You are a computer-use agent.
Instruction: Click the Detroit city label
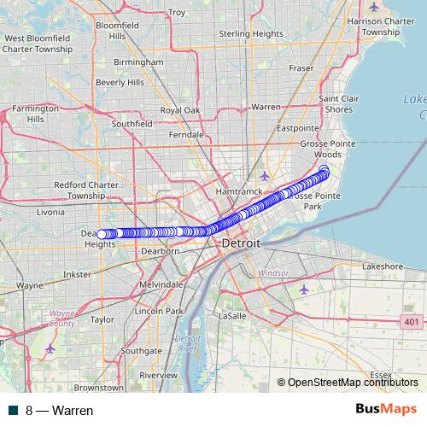[240, 244]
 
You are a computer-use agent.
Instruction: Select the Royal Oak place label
[180, 111]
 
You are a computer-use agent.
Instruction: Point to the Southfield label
[132, 124]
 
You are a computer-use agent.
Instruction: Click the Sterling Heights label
[251, 34]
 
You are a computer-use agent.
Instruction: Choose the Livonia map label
[50, 212]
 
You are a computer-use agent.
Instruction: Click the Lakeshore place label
[382, 266]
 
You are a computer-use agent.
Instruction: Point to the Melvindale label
[161, 284]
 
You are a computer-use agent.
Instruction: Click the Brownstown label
[98, 387]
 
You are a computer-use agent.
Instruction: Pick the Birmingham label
[138, 62]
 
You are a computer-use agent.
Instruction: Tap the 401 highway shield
[412, 321]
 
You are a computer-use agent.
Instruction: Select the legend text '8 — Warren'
[59, 410]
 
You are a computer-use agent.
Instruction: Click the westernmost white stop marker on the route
[101, 234]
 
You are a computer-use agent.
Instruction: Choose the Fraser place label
[301, 67]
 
